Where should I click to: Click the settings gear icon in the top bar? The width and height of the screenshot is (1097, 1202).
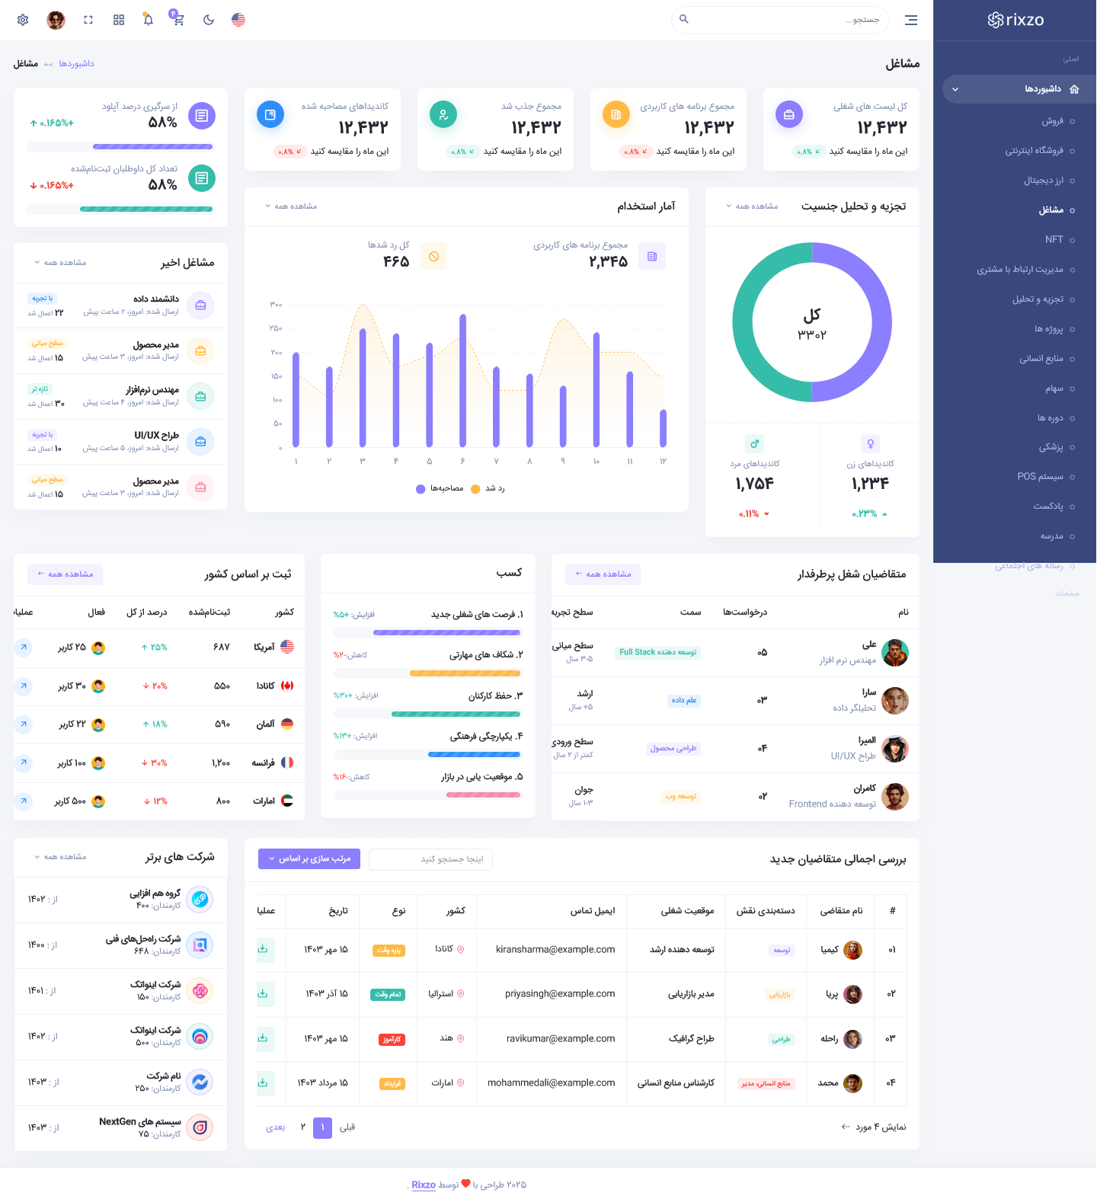23,20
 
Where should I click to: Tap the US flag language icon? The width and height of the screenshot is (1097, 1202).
238,20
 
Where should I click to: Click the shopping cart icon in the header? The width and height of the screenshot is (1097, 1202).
178,19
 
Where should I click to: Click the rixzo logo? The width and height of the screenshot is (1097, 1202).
1015,20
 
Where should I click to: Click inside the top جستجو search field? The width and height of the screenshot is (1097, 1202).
785,20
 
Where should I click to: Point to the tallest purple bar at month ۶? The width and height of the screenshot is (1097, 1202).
462,381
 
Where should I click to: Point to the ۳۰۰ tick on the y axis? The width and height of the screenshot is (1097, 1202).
276,305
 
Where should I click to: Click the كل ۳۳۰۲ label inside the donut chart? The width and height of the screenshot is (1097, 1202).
812,323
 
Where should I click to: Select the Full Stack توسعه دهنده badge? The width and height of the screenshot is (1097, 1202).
657,652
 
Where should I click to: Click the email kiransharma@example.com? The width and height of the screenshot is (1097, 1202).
555,949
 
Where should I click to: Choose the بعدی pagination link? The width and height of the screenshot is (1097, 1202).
275,1127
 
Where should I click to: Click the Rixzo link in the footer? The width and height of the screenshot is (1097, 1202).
424,1184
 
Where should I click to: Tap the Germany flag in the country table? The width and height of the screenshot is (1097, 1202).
287,724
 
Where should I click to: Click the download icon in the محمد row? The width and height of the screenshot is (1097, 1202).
263,1082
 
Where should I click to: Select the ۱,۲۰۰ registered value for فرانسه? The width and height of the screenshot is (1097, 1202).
221,762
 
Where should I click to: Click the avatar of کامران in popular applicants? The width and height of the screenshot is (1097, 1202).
896,797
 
